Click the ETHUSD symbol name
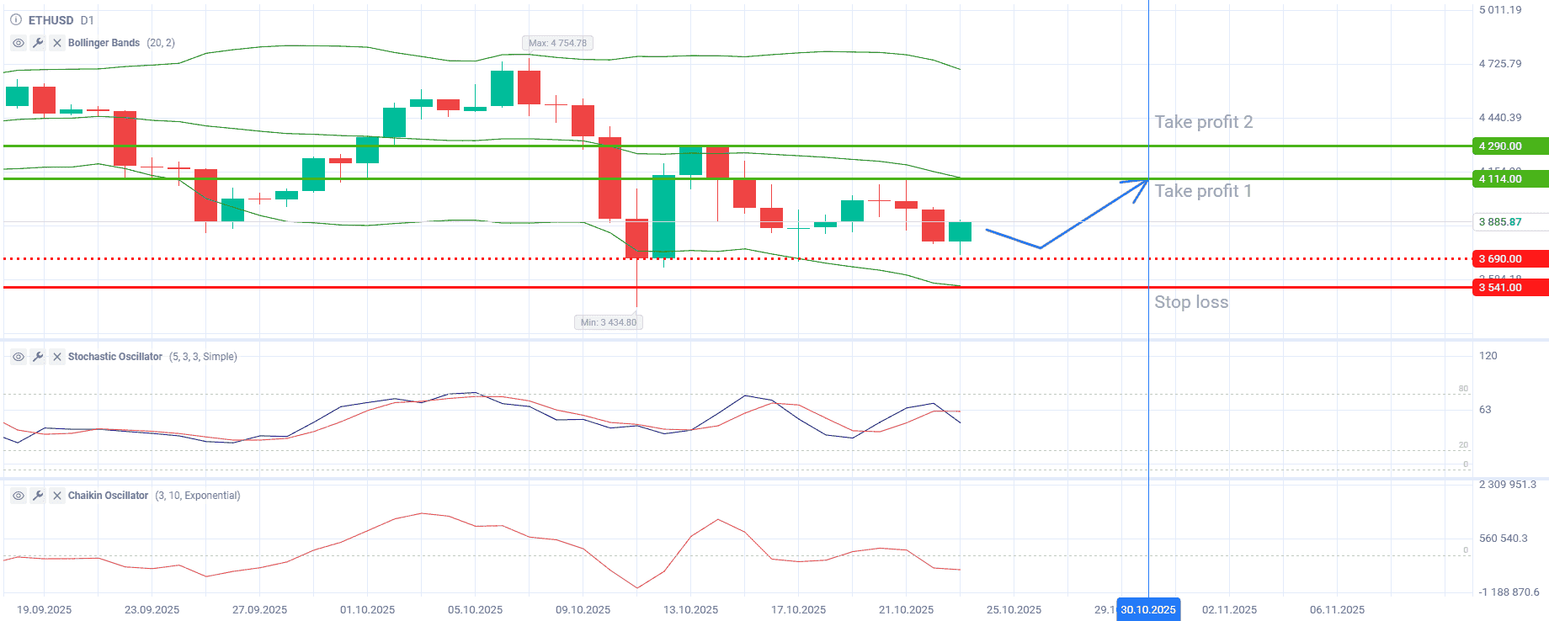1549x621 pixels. point(51,20)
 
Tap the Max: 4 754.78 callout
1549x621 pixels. point(556,43)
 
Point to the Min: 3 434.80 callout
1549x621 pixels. point(608,322)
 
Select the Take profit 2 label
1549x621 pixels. point(1203,122)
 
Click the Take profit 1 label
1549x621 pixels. point(1202,191)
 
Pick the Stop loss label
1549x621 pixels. point(1190,302)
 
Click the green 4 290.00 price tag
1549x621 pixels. point(1509,146)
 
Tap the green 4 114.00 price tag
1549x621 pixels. point(1509,179)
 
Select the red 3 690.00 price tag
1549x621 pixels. point(1509,259)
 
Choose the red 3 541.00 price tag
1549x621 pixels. point(1509,288)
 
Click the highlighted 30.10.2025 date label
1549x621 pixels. point(1147,610)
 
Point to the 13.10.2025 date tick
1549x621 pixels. point(690,610)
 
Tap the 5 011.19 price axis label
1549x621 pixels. point(1500,10)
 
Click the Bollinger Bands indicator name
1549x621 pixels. point(104,43)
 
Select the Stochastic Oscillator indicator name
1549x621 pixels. point(114,357)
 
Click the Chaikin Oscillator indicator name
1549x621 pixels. point(108,496)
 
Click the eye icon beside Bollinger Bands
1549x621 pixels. point(19,43)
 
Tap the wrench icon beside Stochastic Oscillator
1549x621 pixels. point(38,357)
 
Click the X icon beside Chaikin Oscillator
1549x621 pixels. point(57,496)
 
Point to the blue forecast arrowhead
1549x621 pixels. point(1143,183)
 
